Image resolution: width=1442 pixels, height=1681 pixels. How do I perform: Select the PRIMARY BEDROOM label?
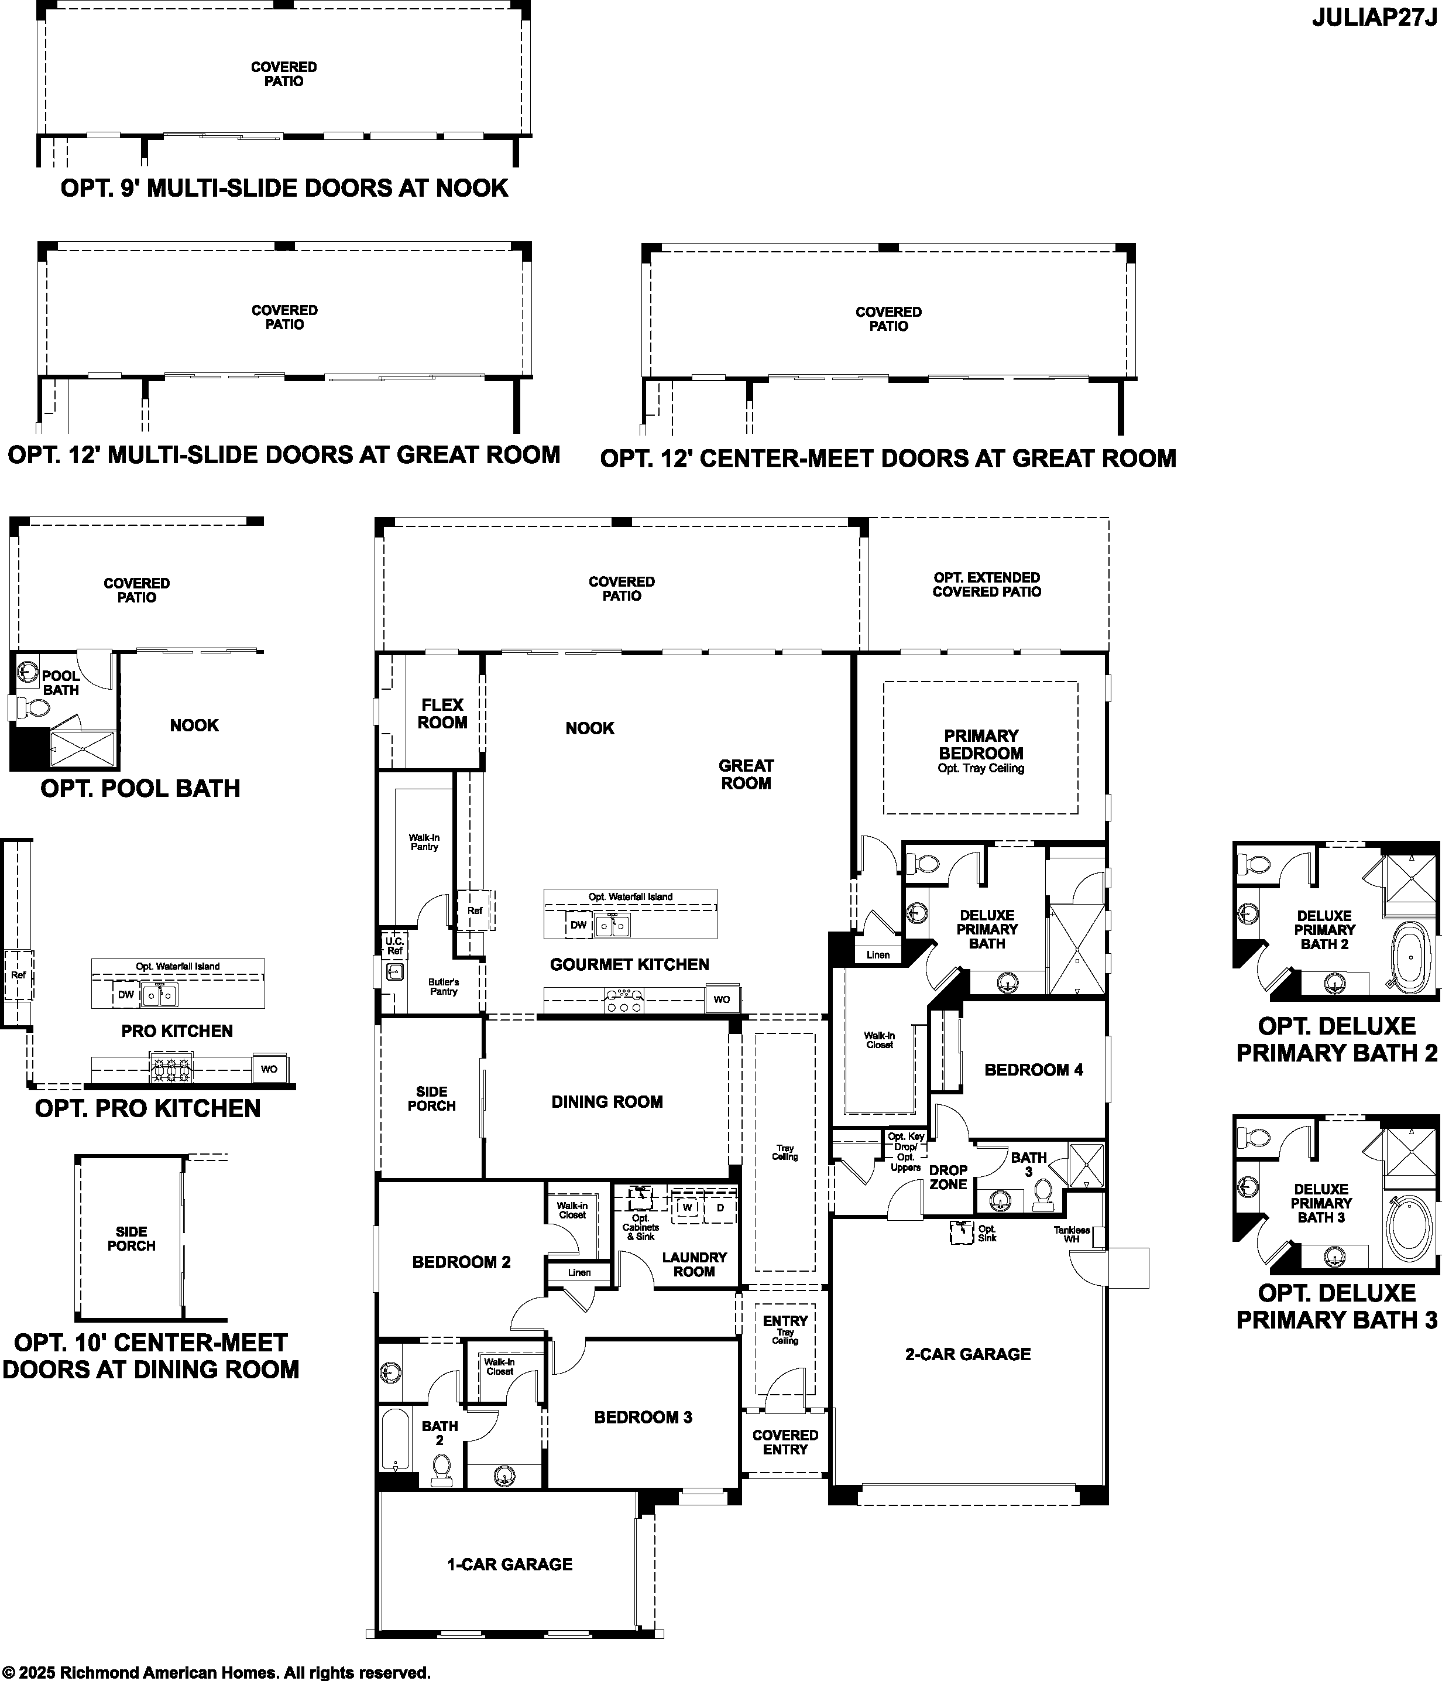(980, 744)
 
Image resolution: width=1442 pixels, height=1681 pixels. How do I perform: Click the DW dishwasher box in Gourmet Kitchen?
(578, 925)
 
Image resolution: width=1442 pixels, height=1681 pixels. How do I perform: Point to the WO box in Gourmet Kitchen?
(722, 999)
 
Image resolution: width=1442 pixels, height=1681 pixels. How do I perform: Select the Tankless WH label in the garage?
(1072, 1234)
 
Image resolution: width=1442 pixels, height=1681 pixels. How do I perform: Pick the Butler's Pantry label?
(444, 987)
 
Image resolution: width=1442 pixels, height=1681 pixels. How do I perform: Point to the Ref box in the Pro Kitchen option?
(18, 975)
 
